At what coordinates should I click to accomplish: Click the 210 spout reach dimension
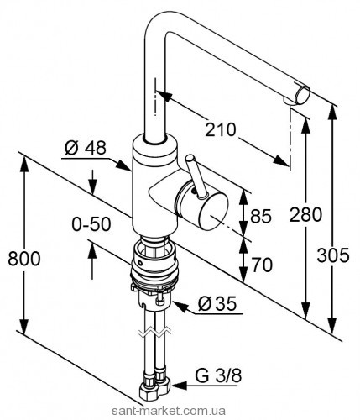click(x=221, y=129)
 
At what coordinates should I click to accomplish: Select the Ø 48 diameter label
click(x=86, y=148)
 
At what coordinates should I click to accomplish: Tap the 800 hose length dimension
click(x=24, y=259)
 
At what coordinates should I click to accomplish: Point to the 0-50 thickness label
click(x=91, y=224)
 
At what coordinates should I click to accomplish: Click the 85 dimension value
click(x=261, y=216)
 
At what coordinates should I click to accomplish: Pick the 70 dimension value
click(x=262, y=265)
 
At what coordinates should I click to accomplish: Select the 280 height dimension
click(x=305, y=215)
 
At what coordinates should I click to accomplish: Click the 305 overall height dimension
click(x=333, y=255)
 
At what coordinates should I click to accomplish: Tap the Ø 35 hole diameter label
click(x=217, y=303)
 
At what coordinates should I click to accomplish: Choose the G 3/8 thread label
click(x=218, y=375)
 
